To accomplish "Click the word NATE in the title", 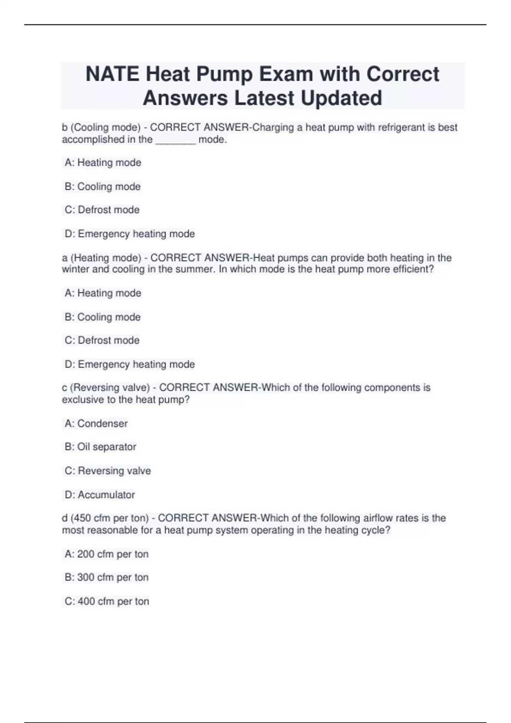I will pos(112,74).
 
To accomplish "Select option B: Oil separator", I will pos(100,447).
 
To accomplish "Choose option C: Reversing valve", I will pos(108,471).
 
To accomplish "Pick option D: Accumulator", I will pos(100,495).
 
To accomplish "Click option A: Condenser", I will pos(96,424).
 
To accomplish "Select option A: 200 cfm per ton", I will pos(106,554).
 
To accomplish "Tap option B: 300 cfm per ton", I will pos(106,578).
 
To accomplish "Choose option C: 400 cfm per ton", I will pos(107,601).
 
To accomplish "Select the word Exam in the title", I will pos(286,74).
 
